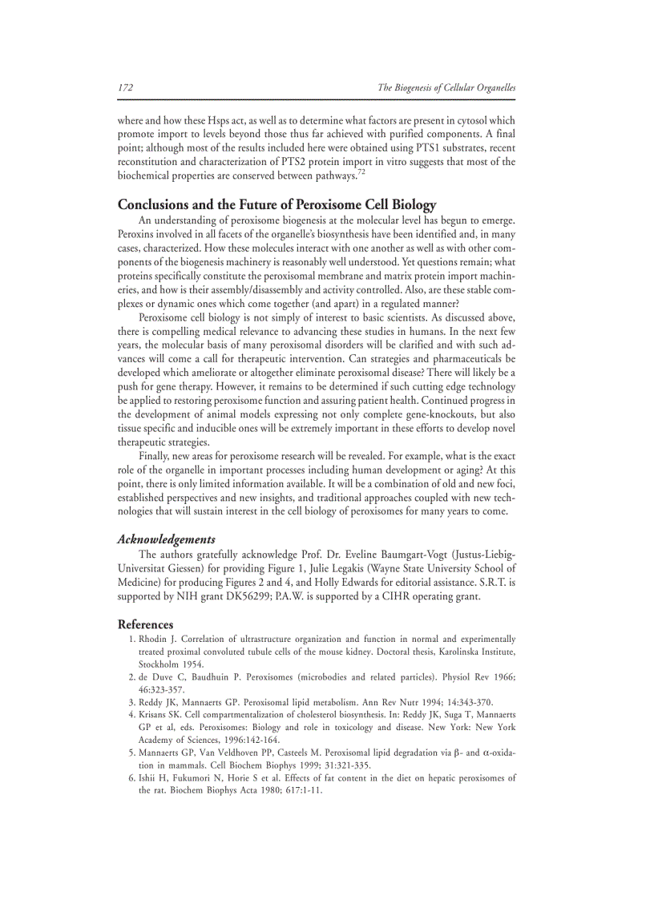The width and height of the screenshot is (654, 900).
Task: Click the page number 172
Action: [125, 87]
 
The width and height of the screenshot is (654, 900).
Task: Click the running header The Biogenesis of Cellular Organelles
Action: [446, 87]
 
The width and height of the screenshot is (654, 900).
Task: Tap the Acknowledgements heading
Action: [166, 539]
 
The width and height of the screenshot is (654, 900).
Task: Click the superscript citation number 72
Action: [361, 172]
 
